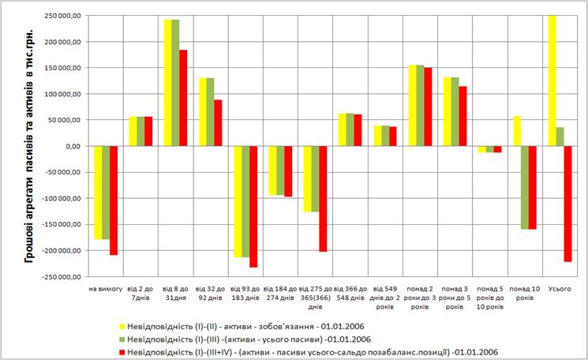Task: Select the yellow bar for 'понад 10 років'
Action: (516, 131)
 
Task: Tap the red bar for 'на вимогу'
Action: (114, 201)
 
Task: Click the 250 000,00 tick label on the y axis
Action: (61, 16)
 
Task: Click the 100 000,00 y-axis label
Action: (61, 94)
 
